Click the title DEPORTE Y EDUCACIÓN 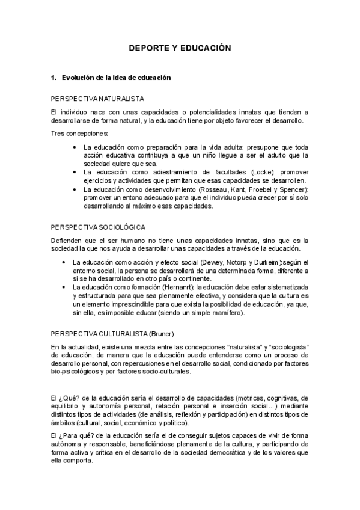tap(180, 48)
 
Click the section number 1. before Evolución tap(54, 78)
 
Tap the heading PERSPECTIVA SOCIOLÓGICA tap(98, 227)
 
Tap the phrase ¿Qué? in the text tap(71, 398)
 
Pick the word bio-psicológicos tap(76, 372)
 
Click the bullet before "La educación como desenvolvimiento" tap(73, 189)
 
